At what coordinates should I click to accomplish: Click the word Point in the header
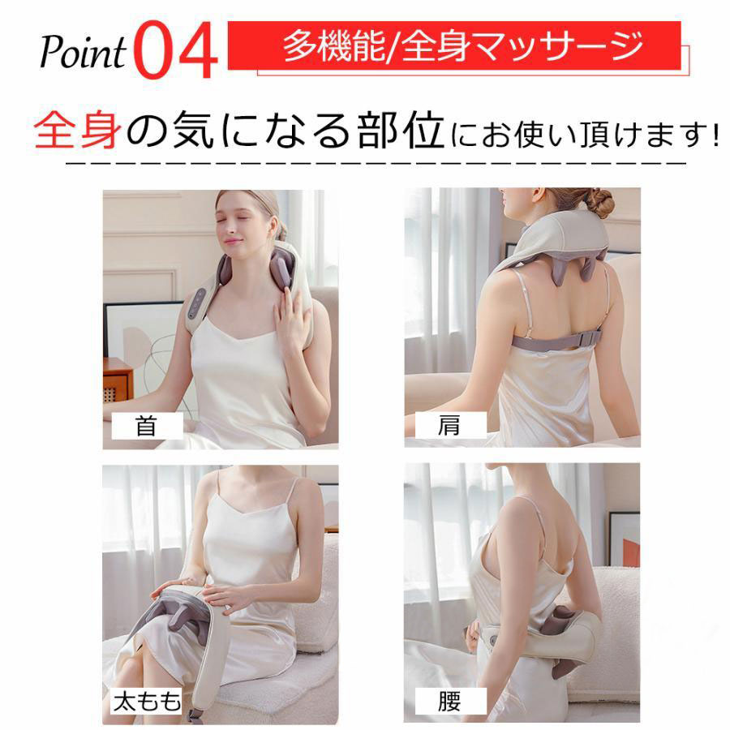pyautogui.click(x=83, y=52)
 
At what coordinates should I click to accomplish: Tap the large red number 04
pyautogui.click(x=176, y=50)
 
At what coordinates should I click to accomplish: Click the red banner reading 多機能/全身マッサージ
pyautogui.click(x=454, y=45)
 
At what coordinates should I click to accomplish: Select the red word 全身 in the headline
pyautogui.click(x=77, y=130)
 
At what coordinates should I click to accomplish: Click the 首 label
pyautogui.click(x=147, y=426)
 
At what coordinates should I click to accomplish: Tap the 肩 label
pyautogui.click(x=449, y=425)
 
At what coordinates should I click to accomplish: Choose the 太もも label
pyautogui.click(x=147, y=702)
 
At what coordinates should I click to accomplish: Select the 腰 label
pyautogui.click(x=449, y=702)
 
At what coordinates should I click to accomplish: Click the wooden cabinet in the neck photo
pyautogui.click(x=118, y=380)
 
